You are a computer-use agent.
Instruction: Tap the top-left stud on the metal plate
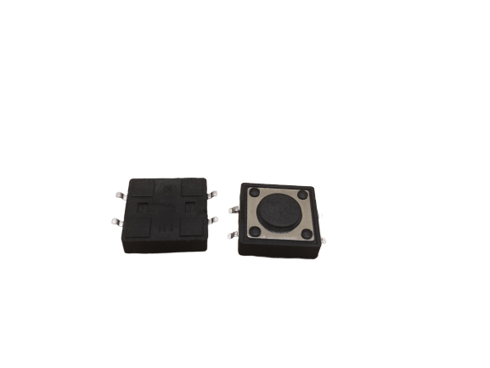(x=254, y=195)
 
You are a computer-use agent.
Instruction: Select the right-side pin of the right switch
(x=323, y=241)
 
